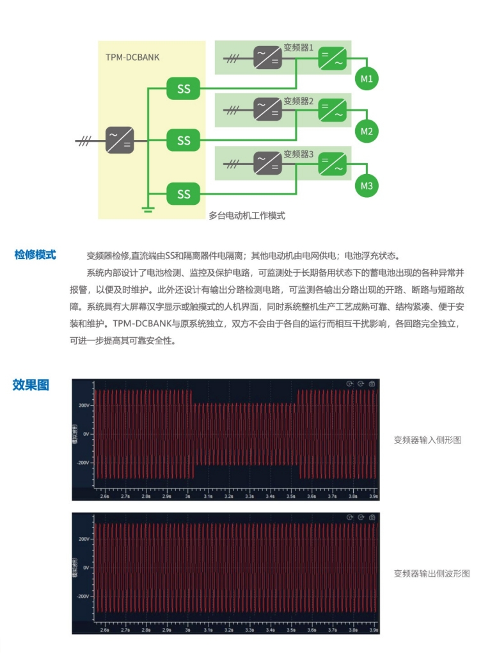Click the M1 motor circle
pos(367,79)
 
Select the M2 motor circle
pos(367,131)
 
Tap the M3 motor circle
pos(367,186)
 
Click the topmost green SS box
pos(184,89)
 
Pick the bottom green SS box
pos(184,193)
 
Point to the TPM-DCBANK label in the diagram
pos(132,58)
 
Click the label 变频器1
pos(298,48)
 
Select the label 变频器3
pos(298,155)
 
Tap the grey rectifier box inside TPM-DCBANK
pos(120,140)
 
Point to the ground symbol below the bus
pos(148,209)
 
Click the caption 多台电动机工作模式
pos(247,216)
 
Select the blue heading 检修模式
pos(35,255)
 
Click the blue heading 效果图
pos(31,385)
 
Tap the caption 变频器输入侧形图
pos(427,440)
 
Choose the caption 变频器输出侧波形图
pos(431,573)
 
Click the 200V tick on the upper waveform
pos(84,405)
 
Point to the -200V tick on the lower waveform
pos(84,596)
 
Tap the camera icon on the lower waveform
pos(371,517)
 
